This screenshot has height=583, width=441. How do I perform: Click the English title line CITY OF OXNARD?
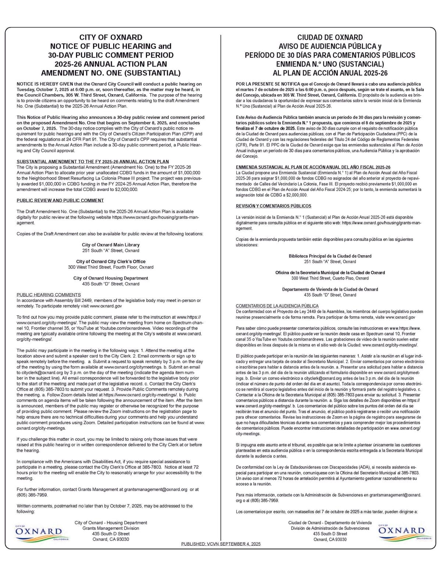click(111, 38)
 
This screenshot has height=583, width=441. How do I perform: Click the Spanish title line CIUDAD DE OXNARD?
click(330, 38)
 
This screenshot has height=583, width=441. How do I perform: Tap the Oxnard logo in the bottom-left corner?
click(39, 532)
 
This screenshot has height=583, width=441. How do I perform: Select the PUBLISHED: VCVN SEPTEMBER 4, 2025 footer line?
click(221, 544)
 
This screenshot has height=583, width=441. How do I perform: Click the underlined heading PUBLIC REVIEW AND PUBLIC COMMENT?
click(60, 200)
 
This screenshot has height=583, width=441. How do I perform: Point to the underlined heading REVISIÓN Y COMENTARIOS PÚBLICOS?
click(273, 206)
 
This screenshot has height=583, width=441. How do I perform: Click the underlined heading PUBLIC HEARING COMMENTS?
click(49, 295)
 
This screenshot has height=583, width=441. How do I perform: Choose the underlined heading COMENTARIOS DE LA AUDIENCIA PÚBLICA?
click(277, 306)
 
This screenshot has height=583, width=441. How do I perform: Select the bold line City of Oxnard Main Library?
click(111, 245)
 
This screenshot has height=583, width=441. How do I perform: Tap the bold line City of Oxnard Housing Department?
click(111, 278)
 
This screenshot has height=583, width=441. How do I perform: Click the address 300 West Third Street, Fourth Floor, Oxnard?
click(111, 267)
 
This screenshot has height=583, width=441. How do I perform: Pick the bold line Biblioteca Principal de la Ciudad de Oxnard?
click(330, 256)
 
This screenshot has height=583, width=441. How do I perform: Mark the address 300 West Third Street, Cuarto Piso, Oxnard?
click(330, 278)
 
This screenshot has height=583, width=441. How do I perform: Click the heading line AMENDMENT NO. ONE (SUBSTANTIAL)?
click(111, 73)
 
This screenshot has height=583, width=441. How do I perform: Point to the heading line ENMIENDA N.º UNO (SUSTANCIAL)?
click(330, 64)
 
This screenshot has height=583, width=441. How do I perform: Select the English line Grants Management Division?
click(111, 528)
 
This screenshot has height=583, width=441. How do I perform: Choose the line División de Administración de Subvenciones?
click(330, 528)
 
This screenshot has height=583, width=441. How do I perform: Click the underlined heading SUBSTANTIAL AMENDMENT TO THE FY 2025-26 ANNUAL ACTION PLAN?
click(93, 161)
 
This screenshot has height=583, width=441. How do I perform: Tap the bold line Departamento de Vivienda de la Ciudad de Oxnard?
click(330, 289)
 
